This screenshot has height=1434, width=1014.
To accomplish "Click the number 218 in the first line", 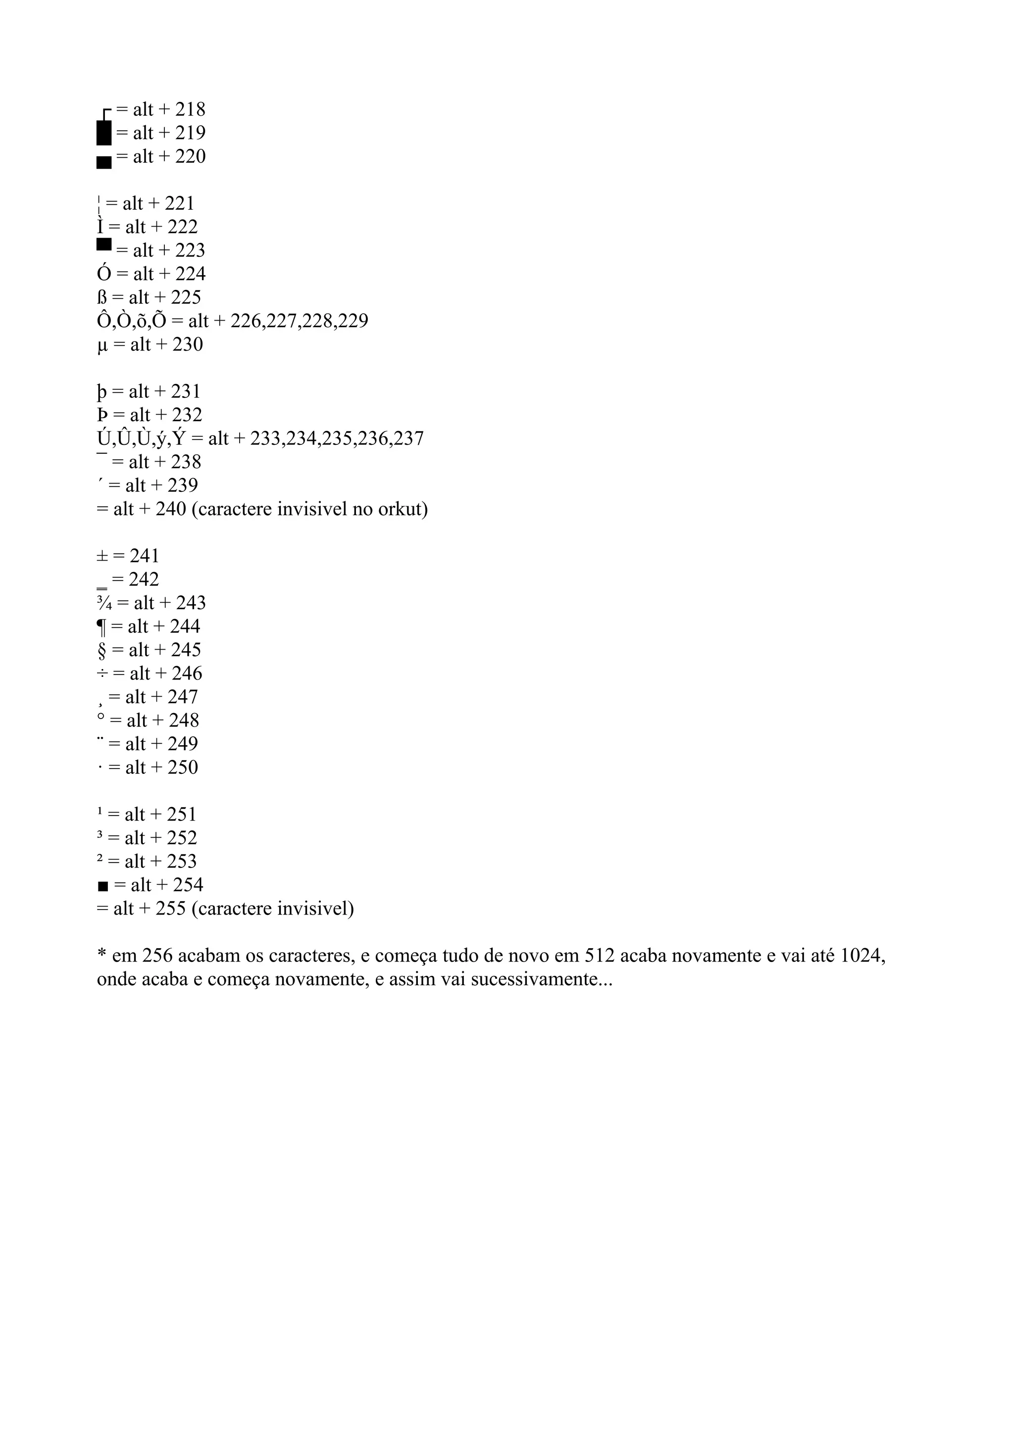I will coord(190,110).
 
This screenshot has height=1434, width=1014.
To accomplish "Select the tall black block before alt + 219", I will coord(104,133).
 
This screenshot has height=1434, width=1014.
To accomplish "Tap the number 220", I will coord(190,157).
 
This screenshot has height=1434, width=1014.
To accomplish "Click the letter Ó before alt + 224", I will coord(103,274).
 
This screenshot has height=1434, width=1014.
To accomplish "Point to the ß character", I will coord(102,298).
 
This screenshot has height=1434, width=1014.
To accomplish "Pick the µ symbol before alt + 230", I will coord(103,345).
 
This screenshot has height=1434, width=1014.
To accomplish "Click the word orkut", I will coord(403,510).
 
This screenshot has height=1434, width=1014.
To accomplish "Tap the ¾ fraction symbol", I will coord(104,603).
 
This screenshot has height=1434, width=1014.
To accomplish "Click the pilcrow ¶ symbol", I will coord(102,627).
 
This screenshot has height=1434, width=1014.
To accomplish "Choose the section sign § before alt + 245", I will coord(102,651).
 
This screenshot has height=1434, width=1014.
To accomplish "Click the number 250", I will coord(182,767).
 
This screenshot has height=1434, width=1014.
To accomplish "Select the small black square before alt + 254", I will coord(103,886).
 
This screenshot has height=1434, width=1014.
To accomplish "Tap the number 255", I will coord(170,908).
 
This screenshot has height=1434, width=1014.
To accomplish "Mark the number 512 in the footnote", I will coord(600,956).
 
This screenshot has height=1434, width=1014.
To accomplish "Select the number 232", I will coord(187,415).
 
